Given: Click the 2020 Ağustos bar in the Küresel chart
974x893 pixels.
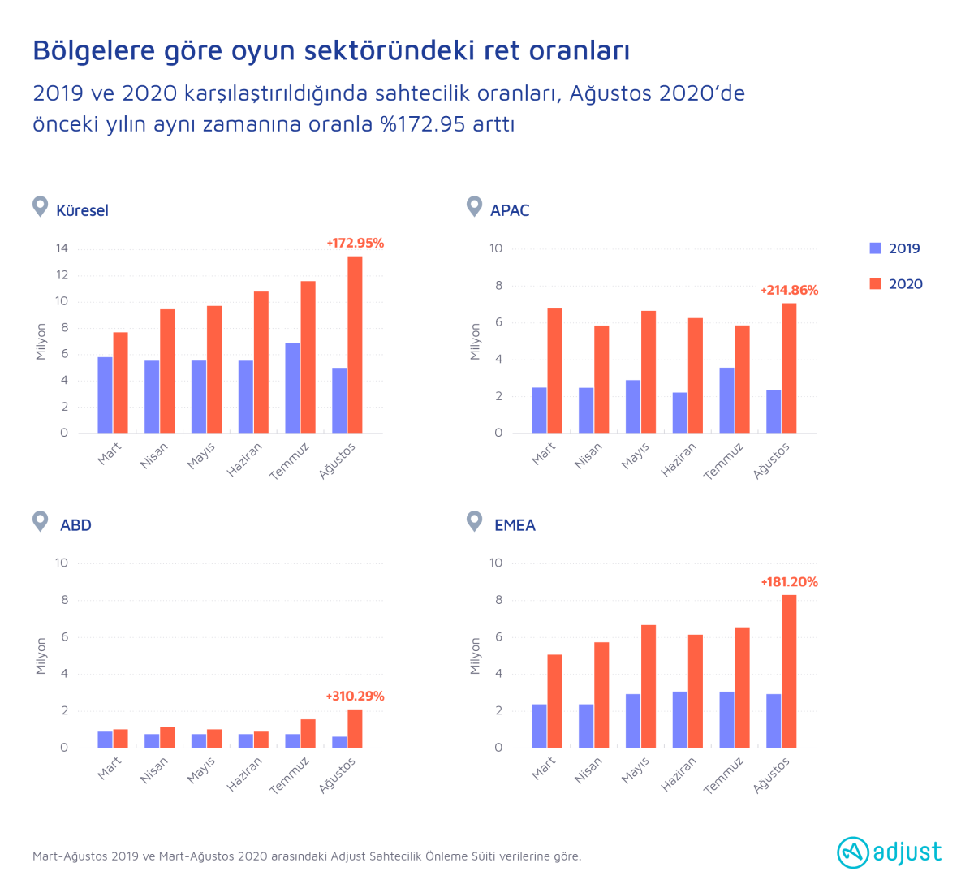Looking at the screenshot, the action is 355,344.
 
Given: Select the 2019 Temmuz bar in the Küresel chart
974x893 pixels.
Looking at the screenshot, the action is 292,388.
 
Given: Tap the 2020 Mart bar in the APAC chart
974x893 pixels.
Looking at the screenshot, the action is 554,371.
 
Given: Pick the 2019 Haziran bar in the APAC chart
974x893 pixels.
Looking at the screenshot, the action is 679,412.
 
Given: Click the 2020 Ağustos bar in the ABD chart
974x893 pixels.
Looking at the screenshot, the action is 355,728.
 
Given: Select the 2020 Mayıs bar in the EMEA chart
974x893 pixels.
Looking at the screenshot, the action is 649,686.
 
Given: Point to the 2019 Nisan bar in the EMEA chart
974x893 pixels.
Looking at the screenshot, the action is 585,726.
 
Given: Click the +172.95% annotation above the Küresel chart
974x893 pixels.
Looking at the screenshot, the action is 355,243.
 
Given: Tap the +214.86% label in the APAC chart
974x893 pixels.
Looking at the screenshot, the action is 789,290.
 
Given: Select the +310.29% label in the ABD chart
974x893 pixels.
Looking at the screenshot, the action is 355,697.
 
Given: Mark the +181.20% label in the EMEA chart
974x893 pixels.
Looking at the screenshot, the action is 789,582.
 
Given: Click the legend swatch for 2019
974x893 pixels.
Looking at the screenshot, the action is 875,248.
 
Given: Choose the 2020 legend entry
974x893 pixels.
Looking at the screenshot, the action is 896,284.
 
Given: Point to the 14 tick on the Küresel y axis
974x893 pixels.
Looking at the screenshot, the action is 62,248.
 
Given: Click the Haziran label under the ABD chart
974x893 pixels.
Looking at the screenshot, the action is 243,774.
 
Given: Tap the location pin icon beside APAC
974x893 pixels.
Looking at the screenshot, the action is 474,206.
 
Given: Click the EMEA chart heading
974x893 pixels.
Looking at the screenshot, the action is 515,525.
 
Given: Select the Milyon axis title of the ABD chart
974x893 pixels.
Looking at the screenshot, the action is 41,656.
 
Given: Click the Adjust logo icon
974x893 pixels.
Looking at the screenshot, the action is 852,852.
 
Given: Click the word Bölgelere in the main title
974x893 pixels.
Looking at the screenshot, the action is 93,50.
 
